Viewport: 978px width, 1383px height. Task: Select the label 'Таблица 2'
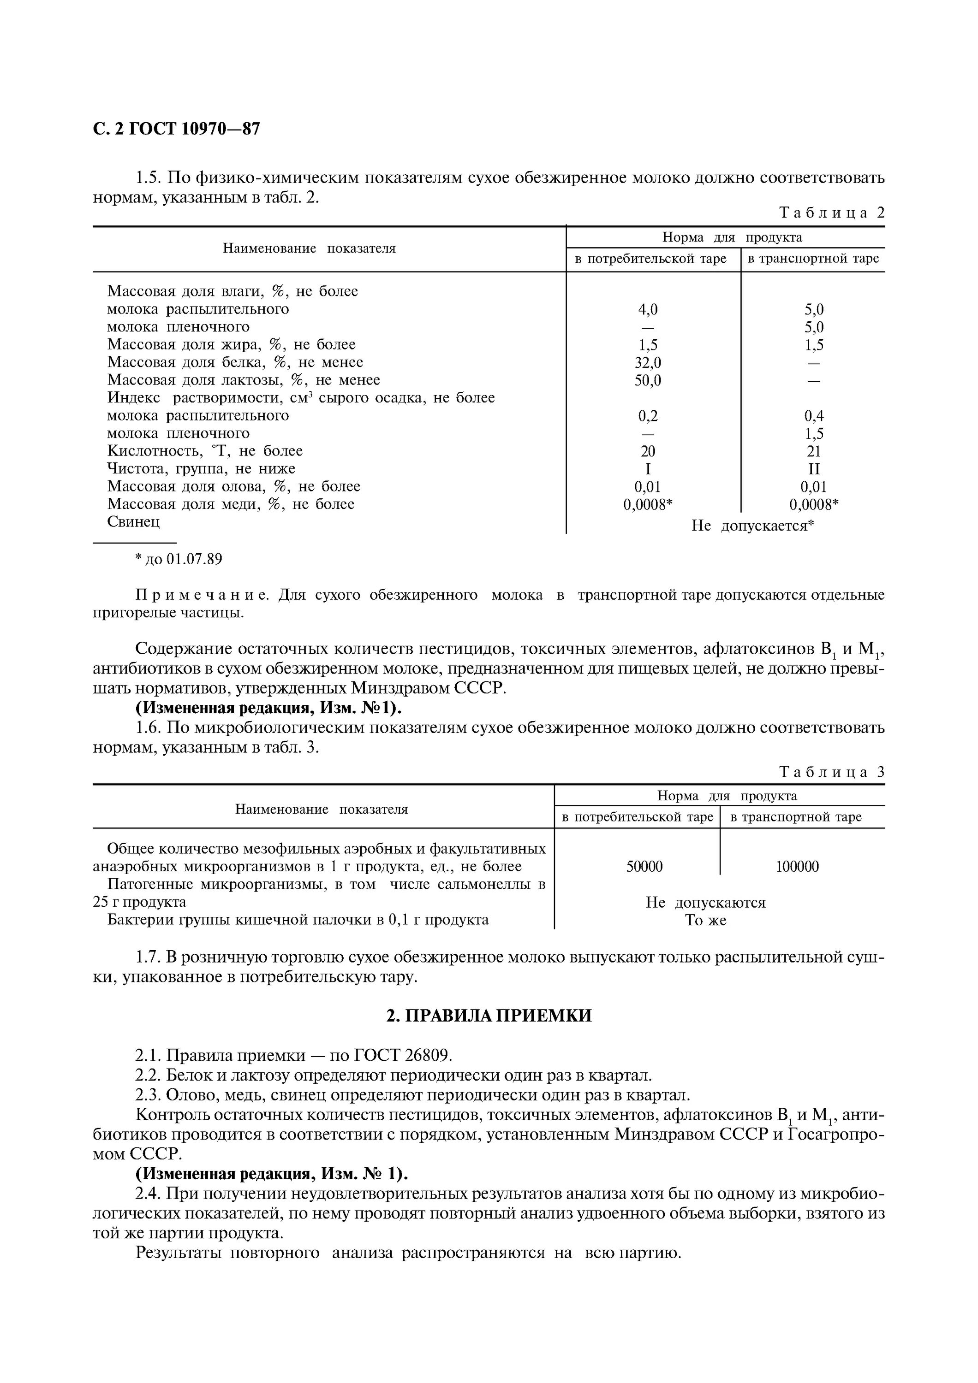click(x=832, y=213)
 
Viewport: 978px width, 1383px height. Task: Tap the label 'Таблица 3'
click(x=832, y=772)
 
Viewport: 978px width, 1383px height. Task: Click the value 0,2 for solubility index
click(x=648, y=416)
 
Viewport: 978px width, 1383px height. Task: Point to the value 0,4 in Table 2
click(x=813, y=416)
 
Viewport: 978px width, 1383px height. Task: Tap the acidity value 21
click(x=813, y=452)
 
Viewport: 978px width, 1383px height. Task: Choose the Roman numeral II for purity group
click(x=813, y=469)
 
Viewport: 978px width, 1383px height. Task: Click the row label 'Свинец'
click(x=134, y=522)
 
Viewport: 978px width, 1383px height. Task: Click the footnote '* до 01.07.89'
click(x=179, y=560)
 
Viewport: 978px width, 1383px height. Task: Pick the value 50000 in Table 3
click(x=644, y=867)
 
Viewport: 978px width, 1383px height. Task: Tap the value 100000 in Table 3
click(x=797, y=867)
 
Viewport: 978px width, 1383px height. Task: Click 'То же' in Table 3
click(x=706, y=921)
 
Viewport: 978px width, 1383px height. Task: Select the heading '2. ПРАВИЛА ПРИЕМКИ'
click(x=489, y=1016)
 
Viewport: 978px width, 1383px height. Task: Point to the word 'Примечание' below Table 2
click(x=202, y=596)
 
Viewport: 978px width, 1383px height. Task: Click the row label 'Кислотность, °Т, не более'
click(x=205, y=451)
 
